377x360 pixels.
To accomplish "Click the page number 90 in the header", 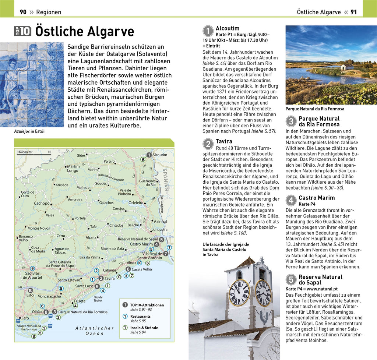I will tap(23, 12).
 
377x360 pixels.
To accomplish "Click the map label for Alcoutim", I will tap(159, 155).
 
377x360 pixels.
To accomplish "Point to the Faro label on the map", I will tap(25, 318).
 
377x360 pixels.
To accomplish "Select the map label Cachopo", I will tap(42, 203).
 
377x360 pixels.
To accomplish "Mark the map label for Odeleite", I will tap(136, 202).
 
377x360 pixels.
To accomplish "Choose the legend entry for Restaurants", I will tap(140, 316).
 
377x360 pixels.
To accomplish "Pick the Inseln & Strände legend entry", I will tap(144, 328).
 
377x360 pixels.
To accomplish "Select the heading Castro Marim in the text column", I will tap(317, 198).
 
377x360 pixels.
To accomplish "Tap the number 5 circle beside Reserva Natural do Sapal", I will tap(291, 280).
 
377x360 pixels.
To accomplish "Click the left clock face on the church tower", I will tap(239, 293).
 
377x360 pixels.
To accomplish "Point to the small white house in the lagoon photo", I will tap(346, 67).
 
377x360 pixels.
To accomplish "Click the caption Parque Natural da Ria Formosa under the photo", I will tap(315, 109).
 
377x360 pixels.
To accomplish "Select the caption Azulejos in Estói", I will tap(29, 131).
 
